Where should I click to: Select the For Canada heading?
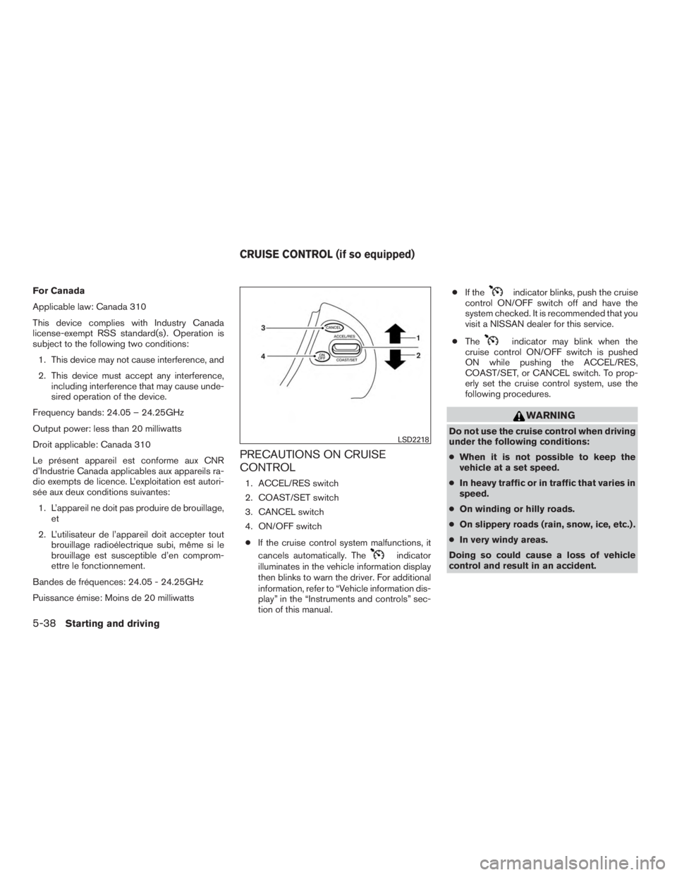click(x=57, y=289)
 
